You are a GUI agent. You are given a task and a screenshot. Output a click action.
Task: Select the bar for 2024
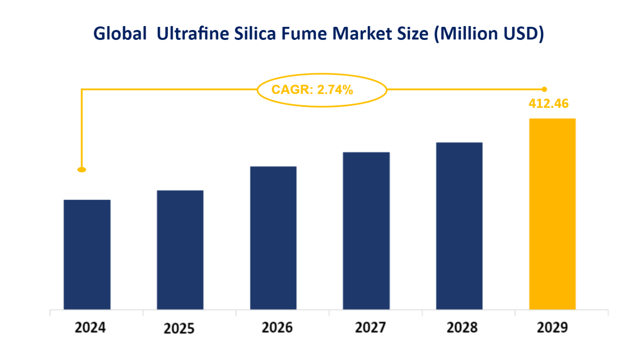pyautogui.click(x=87, y=255)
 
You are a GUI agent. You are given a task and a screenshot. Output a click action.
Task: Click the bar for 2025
pyautogui.click(x=180, y=250)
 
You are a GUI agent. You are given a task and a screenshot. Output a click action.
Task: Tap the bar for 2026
pyautogui.click(x=273, y=238)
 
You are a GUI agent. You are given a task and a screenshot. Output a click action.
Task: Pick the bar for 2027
pyautogui.click(x=366, y=231)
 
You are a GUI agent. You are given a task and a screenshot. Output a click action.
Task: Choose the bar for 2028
pyautogui.click(x=459, y=226)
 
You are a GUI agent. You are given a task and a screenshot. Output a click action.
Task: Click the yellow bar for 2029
pyautogui.click(x=552, y=214)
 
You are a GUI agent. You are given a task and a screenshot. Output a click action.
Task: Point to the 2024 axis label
pyautogui.click(x=90, y=327)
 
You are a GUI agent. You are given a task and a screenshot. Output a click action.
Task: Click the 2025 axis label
pyautogui.click(x=179, y=328)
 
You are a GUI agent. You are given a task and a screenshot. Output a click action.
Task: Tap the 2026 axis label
pyautogui.click(x=277, y=327)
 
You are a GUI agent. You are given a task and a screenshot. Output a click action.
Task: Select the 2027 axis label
pyautogui.click(x=370, y=327)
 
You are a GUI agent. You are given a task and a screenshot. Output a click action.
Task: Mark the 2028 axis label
pyautogui.click(x=462, y=327)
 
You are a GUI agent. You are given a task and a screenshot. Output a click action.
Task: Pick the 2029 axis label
pyautogui.click(x=552, y=327)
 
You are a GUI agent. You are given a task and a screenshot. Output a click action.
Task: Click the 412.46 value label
pyautogui.click(x=549, y=104)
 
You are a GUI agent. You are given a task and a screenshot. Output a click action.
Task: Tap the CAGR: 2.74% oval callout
pyautogui.click(x=321, y=90)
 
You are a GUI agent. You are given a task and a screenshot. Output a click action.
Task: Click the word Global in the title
pyautogui.click(x=120, y=34)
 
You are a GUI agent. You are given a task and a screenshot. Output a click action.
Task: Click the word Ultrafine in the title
pyautogui.click(x=193, y=34)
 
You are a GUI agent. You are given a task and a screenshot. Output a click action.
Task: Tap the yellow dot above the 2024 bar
pyautogui.click(x=82, y=170)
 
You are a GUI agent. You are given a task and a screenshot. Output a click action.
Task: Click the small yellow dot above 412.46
pyautogui.click(x=544, y=89)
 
